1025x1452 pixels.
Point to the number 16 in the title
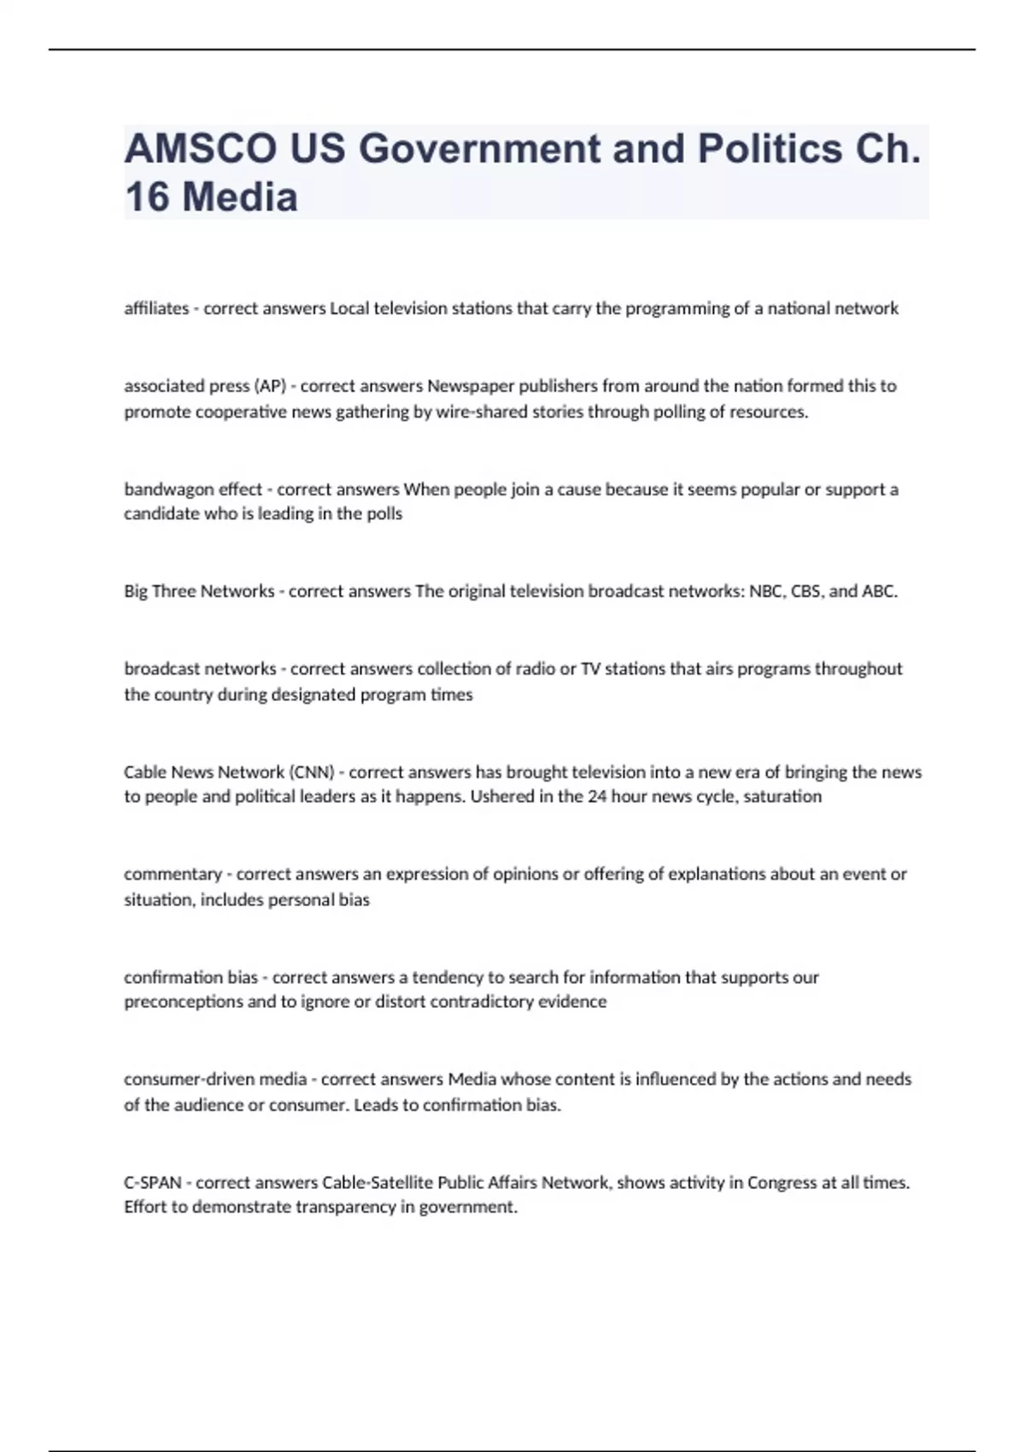(x=147, y=197)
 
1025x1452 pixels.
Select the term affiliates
(x=156, y=308)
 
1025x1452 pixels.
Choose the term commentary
(x=173, y=874)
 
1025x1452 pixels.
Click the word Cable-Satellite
(x=378, y=1183)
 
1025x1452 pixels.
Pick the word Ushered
(x=504, y=796)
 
